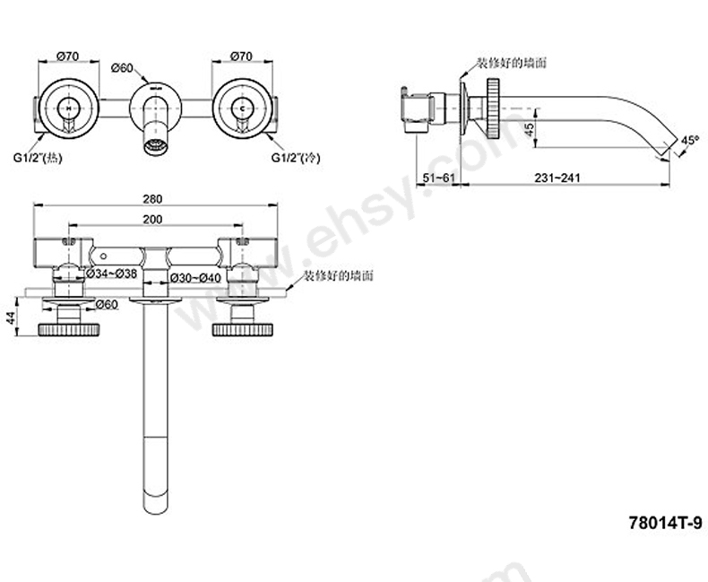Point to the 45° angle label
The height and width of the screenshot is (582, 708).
click(689, 140)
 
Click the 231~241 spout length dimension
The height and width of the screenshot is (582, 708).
click(559, 178)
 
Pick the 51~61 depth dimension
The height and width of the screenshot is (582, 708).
click(439, 178)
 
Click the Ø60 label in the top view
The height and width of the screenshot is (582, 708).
click(122, 68)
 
